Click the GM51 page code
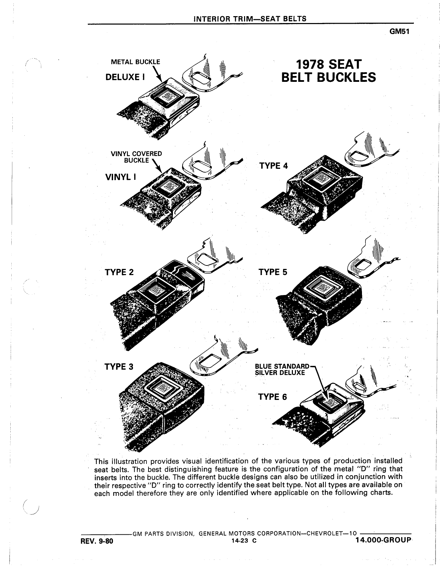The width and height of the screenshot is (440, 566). tap(399, 32)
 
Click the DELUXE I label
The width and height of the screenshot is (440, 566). tap(125, 77)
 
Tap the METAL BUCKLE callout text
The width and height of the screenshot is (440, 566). tap(135, 62)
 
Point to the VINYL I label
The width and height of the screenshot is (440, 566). tap(121, 177)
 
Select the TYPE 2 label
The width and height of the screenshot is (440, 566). tap(119, 272)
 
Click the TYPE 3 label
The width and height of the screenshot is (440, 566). tap(119, 367)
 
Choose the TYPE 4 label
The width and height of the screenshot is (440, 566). tap(274, 166)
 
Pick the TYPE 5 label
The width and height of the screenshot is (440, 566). tap(273, 272)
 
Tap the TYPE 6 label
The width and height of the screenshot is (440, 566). tap(272, 397)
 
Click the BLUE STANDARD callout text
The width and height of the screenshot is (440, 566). tap(282, 367)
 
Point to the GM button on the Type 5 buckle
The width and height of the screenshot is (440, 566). tap(323, 289)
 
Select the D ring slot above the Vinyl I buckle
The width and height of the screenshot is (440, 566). tap(200, 165)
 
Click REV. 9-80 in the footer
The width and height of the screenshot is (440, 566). tap(97, 541)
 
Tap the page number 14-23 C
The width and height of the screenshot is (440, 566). tap(244, 541)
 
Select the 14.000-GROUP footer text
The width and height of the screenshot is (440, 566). tap(383, 540)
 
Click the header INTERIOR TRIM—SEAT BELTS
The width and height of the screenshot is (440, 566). tap(250, 19)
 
